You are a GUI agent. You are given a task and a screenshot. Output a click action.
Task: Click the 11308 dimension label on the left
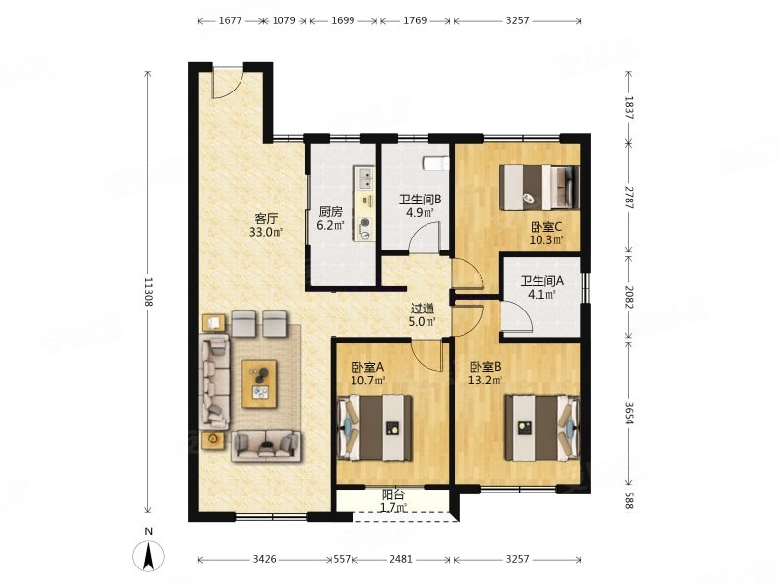(x=148, y=291)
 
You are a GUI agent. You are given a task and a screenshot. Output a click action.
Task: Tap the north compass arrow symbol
(x=148, y=555)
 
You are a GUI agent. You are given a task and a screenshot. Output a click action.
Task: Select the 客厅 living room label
(x=266, y=218)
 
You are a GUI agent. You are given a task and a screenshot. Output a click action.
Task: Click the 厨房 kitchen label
(x=330, y=212)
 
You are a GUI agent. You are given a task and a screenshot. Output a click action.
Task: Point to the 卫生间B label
(x=421, y=200)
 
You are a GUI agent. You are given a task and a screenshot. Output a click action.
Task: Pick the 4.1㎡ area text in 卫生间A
(x=541, y=295)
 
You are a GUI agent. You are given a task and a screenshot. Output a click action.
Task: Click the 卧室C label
(x=546, y=227)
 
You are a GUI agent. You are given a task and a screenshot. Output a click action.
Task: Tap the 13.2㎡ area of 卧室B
(x=485, y=381)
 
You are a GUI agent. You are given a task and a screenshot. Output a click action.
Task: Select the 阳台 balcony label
(x=393, y=494)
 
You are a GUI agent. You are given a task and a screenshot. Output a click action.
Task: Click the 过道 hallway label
(x=423, y=309)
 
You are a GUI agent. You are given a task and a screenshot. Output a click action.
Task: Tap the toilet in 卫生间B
(x=435, y=163)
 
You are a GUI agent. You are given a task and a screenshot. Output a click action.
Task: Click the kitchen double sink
(x=366, y=179)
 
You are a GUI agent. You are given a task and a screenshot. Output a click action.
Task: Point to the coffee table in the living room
(x=259, y=384)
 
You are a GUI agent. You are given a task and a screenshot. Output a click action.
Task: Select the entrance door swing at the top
(x=228, y=82)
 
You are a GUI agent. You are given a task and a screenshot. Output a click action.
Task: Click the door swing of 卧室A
(x=427, y=354)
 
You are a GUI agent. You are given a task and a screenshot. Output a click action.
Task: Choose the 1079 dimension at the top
(x=284, y=20)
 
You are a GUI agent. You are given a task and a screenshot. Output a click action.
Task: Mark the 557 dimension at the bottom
(x=342, y=559)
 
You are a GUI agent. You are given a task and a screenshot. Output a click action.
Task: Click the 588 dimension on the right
(x=629, y=500)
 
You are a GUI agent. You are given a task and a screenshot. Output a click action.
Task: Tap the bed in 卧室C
(x=539, y=187)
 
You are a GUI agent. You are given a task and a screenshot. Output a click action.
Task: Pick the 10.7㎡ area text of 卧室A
(x=369, y=381)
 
